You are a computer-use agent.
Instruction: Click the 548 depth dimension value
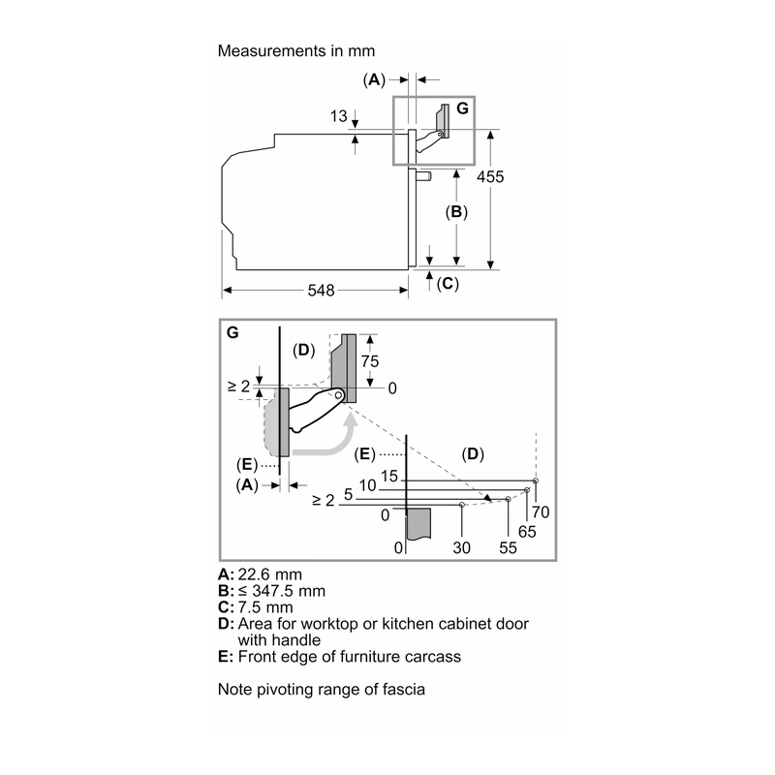point(321,290)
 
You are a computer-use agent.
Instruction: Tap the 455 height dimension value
point(490,176)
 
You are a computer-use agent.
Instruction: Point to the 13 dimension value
point(338,116)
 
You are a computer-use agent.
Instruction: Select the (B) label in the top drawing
point(456,211)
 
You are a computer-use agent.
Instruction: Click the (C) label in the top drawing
point(448,283)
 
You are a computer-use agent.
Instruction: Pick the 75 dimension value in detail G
point(370,361)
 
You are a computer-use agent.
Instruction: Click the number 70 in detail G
point(541,512)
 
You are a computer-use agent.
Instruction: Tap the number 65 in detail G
point(527,531)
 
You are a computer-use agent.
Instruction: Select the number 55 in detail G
point(508,547)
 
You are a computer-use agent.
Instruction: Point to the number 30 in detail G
point(461,547)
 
